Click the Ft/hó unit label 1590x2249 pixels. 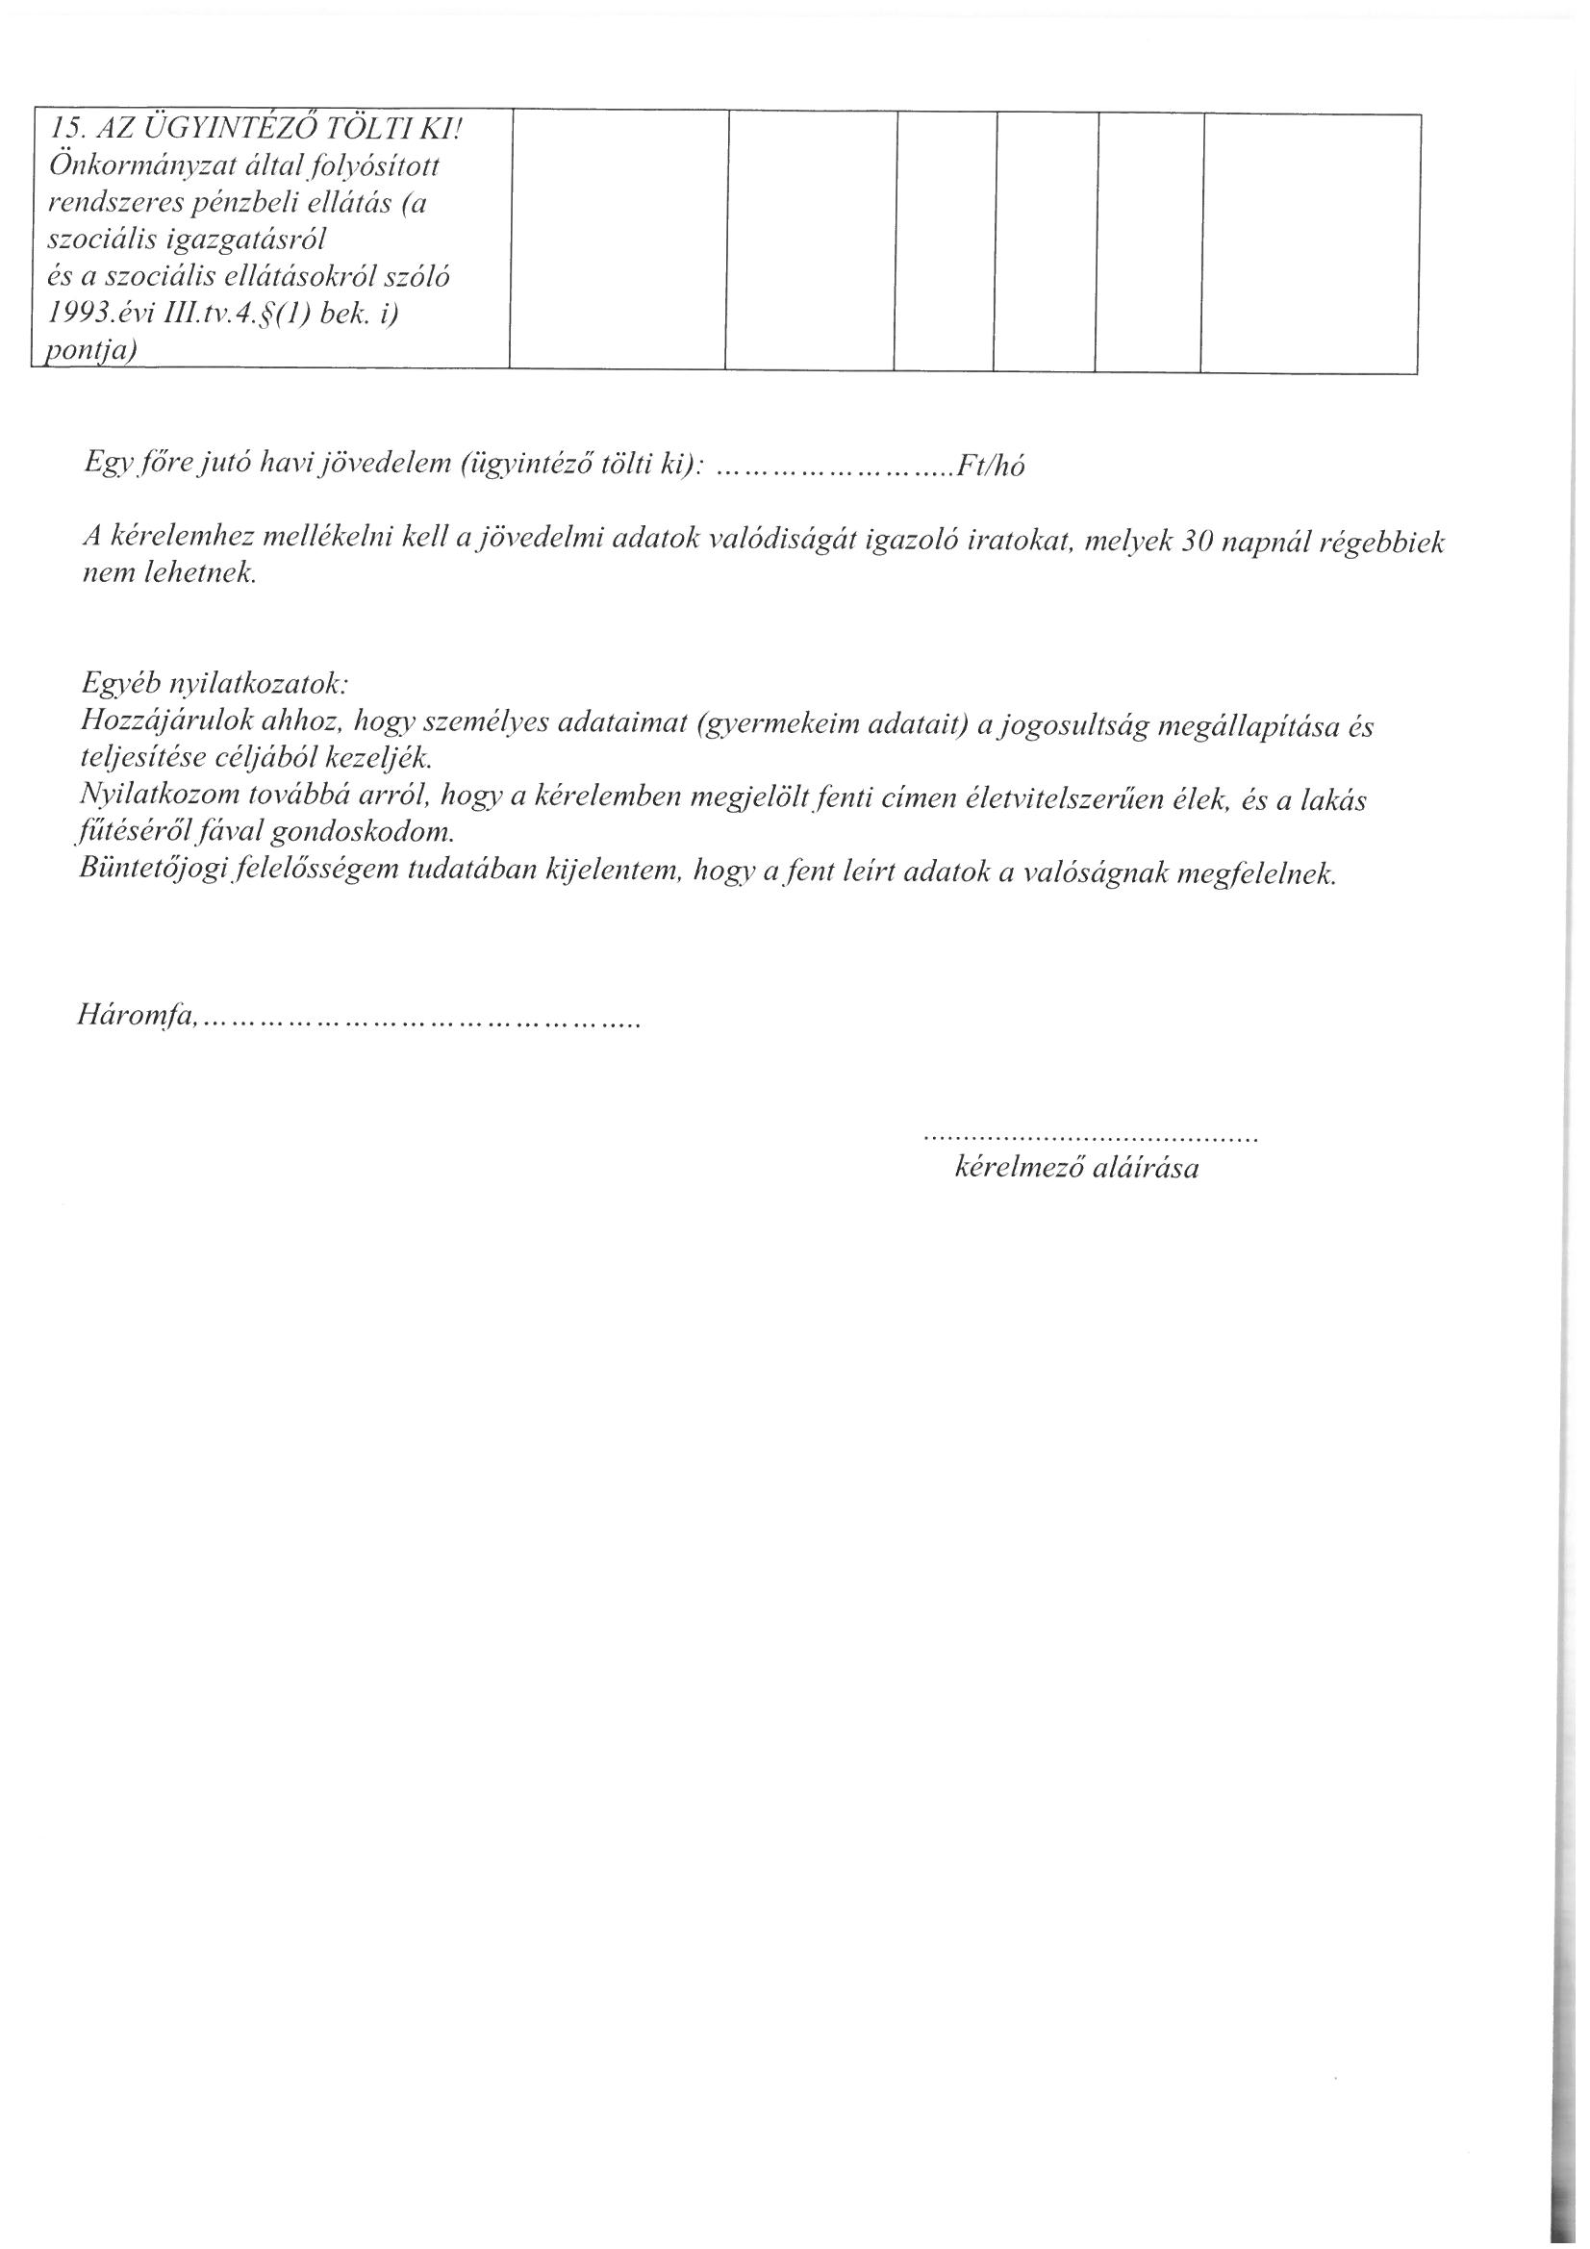click(x=991, y=467)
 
